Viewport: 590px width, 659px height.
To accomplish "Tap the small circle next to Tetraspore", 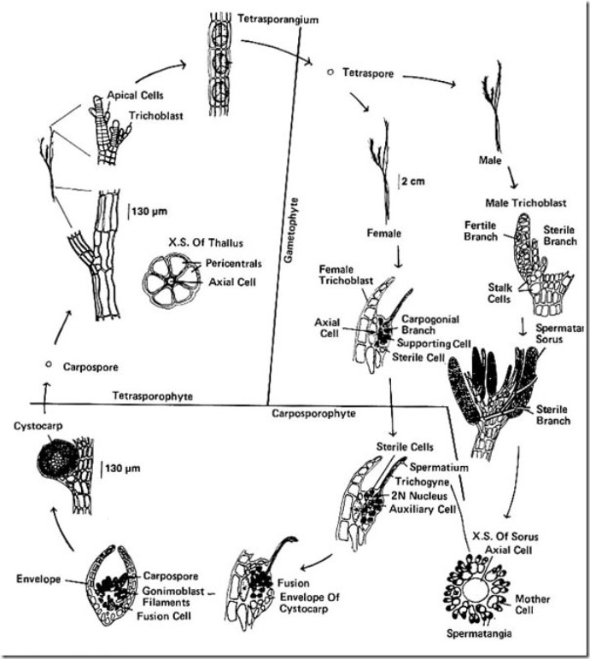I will point(330,73).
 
